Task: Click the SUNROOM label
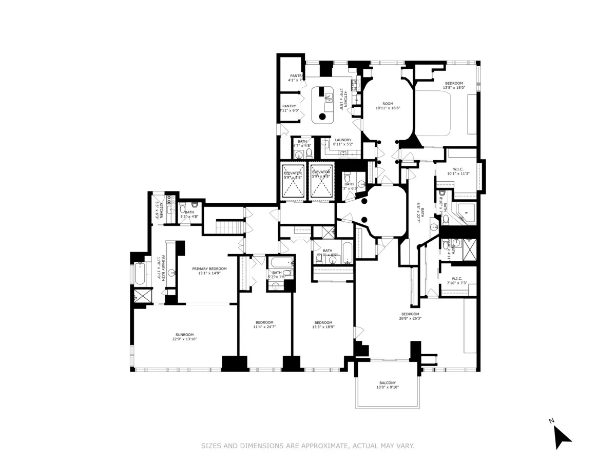point(185,334)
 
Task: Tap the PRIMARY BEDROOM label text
point(209,268)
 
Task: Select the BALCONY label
point(388,382)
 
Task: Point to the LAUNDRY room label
point(343,140)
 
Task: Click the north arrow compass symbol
point(561,436)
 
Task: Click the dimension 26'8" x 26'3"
point(410,318)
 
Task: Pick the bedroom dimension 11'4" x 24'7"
point(264,327)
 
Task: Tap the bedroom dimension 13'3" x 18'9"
point(325,327)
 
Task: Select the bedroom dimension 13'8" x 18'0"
point(454,88)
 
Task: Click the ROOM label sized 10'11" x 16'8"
point(388,107)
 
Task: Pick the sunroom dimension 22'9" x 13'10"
point(185,339)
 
